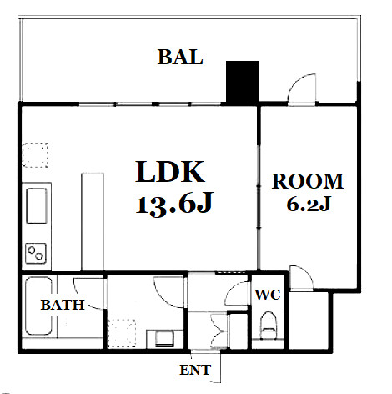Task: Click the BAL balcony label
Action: pos(180,57)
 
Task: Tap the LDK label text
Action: pos(170,172)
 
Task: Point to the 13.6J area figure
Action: pos(174,204)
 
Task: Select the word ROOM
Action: pos(308,181)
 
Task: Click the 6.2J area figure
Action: pos(309,205)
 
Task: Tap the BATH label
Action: pos(63,305)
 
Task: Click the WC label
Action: pos(268,295)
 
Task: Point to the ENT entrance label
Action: pos(195,370)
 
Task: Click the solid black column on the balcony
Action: pos(242,82)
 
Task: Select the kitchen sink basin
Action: pos(37,205)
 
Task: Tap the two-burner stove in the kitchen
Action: pos(36,253)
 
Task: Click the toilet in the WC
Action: pos(269,325)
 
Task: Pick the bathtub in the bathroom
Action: pos(38,306)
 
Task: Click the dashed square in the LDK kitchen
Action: pos(35,155)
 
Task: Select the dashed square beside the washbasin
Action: pos(122,333)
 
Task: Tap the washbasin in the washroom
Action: pos(165,338)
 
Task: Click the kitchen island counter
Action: pos(93,221)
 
